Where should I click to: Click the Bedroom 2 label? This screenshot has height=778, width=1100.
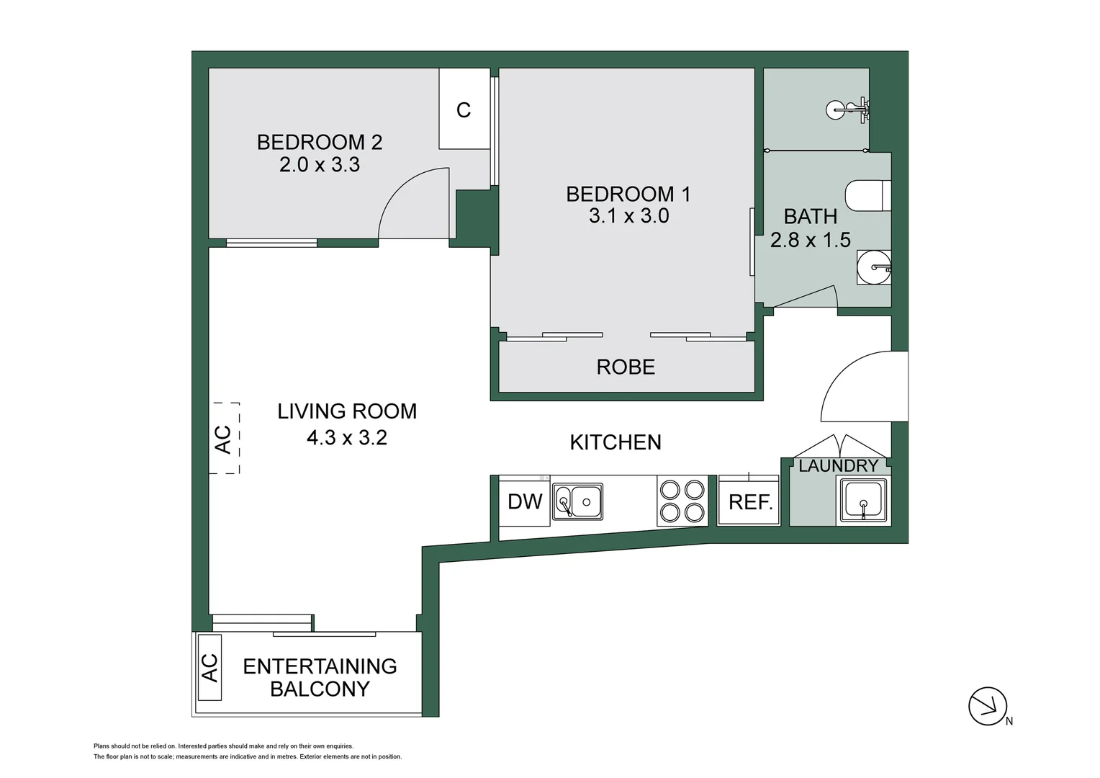pyautogui.click(x=320, y=142)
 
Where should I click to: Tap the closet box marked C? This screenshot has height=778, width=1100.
pyautogui.click(x=464, y=109)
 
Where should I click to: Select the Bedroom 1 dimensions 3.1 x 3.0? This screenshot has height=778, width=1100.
pyautogui.click(x=628, y=216)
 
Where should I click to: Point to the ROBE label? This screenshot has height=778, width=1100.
pyautogui.click(x=626, y=367)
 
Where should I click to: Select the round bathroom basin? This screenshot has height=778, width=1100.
pyautogui.click(x=874, y=267)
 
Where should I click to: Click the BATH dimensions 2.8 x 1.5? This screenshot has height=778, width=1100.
pyautogui.click(x=811, y=240)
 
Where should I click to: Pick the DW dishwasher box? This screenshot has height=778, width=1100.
pyautogui.click(x=524, y=501)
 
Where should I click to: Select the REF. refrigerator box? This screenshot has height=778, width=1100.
pyautogui.click(x=749, y=502)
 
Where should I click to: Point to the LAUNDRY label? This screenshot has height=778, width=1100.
pyautogui.click(x=838, y=466)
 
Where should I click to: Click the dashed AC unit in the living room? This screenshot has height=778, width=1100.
pyautogui.click(x=225, y=438)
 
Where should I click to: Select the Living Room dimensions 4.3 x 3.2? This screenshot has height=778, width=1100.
pyautogui.click(x=347, y=437)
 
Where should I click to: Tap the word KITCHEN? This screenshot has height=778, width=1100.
pyautogui.click(x=616, y=442)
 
